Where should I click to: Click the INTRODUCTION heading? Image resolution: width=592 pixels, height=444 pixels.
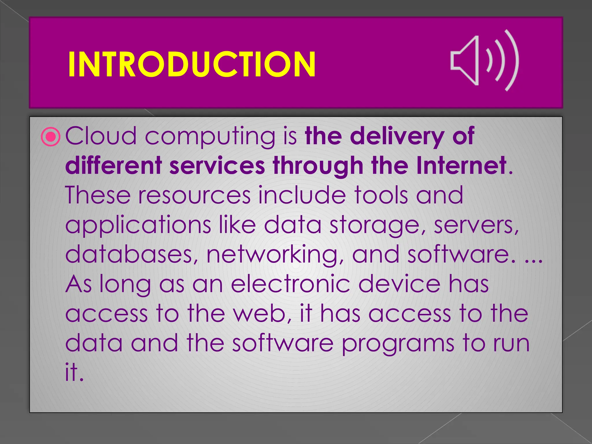192,64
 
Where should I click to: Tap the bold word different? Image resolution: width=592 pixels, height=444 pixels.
113,165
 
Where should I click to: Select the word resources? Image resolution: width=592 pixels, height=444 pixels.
194,195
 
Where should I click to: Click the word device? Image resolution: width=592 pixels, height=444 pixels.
399,284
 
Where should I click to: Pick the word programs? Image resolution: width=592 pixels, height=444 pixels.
398,344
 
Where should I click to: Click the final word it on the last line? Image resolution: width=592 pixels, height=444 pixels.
74,372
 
